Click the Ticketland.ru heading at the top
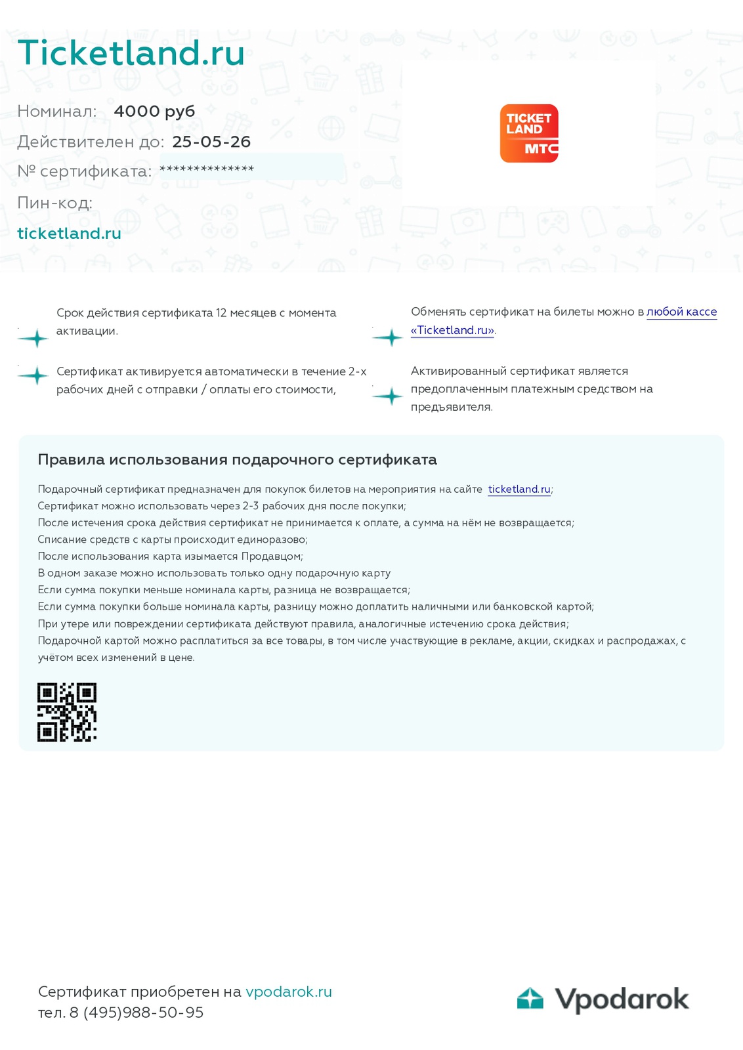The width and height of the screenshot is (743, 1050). pyautogui.click(x=131, y=53)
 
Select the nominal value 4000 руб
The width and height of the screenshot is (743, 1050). pyautogui.click(x=154, y=111)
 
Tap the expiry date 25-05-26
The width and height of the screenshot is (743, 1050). pyautogui.click(x=211, y=142)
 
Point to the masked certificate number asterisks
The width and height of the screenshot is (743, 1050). pyautogui.click(x=207, y=169)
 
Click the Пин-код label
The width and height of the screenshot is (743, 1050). pyautogui.click(x=54, y=203)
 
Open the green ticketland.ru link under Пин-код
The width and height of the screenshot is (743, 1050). pyautogui.click(x=69, y=234)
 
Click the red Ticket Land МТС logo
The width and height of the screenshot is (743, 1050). pyautogui.click(x=529, y=133)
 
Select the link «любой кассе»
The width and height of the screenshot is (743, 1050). pyautogui.click(x=681, y=312)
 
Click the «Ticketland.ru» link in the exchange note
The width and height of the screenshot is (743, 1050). pyautogui.click(x=452, y=330)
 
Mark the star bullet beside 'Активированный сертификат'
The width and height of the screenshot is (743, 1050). pyautogui.click(x=389, y=396)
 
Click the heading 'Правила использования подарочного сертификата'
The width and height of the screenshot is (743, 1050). pyautogui.click(x=237, y=459)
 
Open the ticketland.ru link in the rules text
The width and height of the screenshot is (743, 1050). pyautogui.click(x=519, y=490)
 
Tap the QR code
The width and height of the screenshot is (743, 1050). pyautogui.click(x=67, y=712)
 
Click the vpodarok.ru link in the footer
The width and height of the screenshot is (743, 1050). pyautogui.click(x=289, y=992)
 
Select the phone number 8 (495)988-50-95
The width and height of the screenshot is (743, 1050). pyautogui.click(x=137, y=1013)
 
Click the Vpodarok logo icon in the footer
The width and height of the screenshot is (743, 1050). pyautogui.click(x=530, y=998)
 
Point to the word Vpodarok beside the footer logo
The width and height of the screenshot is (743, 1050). pyautogui.click(x=622, y=999)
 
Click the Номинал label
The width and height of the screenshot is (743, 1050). pyautogui.click(x=56, y=111)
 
